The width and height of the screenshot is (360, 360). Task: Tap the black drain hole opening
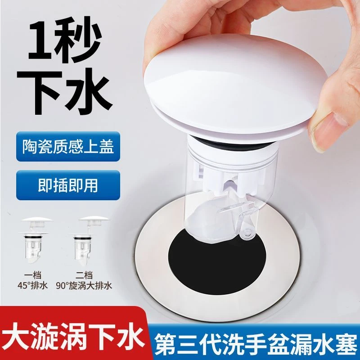coord(211,261)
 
